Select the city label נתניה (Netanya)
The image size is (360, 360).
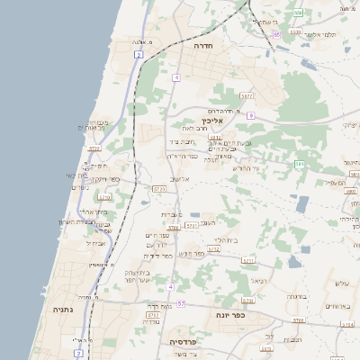[63, 310]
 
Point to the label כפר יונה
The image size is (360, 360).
[230, 316]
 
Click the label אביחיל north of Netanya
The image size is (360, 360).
[97, 242]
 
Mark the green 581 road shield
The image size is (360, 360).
[301, 164]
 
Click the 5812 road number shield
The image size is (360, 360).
[216, 138]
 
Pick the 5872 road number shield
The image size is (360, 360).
[247, 94]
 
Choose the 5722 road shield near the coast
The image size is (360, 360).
[104, 197]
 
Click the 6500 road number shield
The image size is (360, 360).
[297, 12]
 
